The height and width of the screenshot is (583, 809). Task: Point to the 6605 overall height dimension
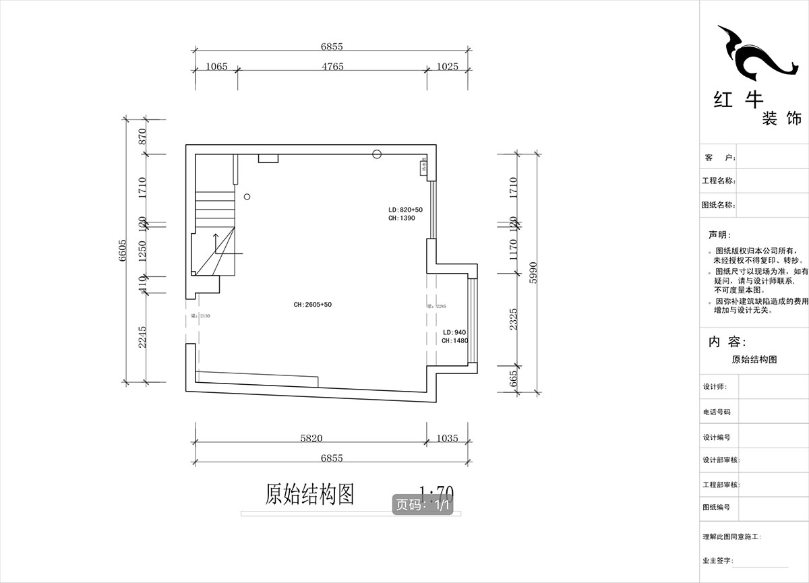click(x=123, y=253)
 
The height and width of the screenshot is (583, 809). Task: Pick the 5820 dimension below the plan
click(x=311, y=438)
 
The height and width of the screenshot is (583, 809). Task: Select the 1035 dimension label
click(x=446, y=438)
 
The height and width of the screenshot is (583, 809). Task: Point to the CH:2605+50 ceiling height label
click(x=312, y=305)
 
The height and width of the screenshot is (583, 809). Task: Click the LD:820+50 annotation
click(x=405, y=210)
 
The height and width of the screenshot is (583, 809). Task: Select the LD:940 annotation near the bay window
click(x=454, y=332)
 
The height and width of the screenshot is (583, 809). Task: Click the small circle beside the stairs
click(x=247, y=197)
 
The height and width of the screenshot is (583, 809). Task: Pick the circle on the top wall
click(x=377, y=154)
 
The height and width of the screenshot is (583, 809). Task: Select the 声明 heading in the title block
click(x=717, y=235)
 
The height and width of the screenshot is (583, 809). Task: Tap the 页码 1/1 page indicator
click(x=423, y=505)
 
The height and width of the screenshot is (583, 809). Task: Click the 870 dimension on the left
click(x=142, y=137)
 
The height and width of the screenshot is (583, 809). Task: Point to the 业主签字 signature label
click(x=717, y=561)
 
